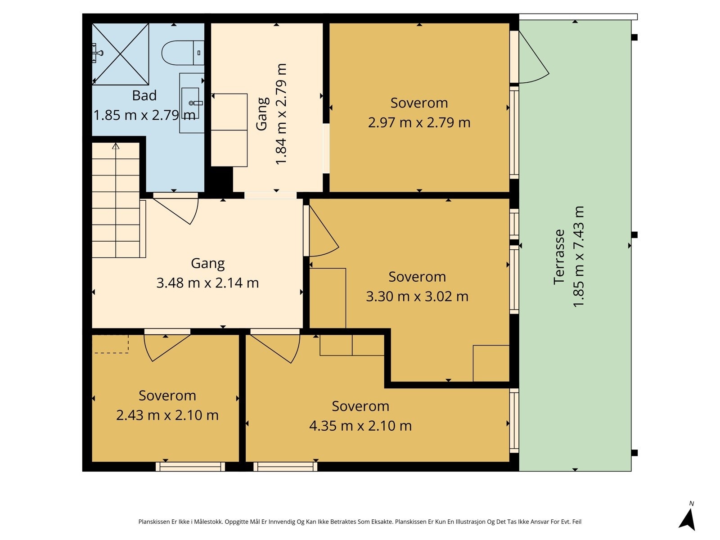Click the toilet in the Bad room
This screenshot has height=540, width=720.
point(183,53)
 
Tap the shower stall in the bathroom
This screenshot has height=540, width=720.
point(121,54)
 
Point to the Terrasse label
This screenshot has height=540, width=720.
point(559,256)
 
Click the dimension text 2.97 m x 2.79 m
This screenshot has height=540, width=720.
point(419,122)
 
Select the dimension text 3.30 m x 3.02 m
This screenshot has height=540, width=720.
point(417,297)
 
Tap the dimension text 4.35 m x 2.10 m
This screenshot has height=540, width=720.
point(360,426)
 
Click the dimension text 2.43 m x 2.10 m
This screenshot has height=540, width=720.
point(167,415)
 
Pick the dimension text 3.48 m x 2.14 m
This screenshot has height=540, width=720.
point(207,283)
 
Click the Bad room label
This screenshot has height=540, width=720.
point(144,95)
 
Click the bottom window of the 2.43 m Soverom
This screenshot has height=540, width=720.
point(190,467)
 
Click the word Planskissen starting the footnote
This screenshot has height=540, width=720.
point(154,522)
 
